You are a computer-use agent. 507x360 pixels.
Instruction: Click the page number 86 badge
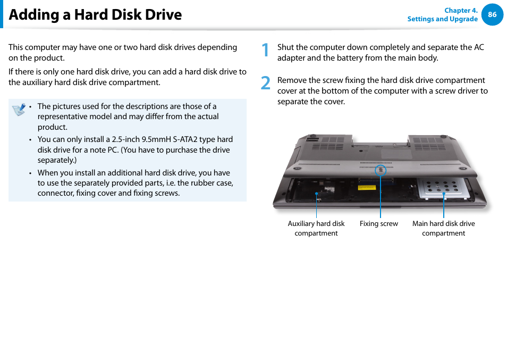click(x=492, y=15)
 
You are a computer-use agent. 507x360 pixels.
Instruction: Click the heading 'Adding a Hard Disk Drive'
click(x=95, y=15)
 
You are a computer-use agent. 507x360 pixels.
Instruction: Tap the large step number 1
click(x=265, y=51)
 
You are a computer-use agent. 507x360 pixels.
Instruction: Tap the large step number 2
click(x=265, y=83)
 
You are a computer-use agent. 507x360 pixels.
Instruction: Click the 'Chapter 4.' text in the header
click(x=461, y=10)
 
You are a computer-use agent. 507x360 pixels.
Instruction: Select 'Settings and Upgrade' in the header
click(x=442, y=19)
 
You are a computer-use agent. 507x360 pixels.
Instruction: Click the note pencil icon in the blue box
click(x=19, y=110)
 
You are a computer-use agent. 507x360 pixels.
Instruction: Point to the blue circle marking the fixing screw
click(x=381, y=171)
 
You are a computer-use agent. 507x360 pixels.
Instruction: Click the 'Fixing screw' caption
click(x=378, y=224)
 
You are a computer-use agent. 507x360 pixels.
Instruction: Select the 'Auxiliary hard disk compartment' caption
click(x=316, y=229)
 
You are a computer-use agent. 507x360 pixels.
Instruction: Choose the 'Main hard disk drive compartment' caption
click(x=443, y=229)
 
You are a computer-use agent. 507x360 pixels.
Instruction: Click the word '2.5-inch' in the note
click(x=125, y=139)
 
